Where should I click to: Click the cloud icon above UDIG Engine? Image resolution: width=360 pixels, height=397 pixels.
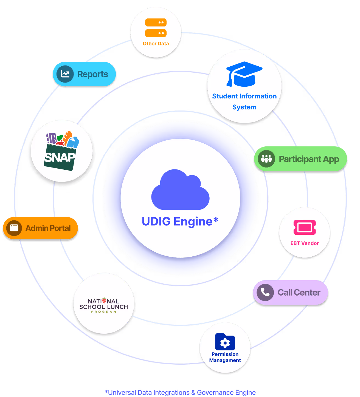[180, 190]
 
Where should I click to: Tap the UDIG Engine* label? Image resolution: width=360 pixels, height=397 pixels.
[180, 222]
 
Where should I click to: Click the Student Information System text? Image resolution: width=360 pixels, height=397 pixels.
[244, 101]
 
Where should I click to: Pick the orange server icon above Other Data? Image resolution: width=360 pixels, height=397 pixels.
[156, 28]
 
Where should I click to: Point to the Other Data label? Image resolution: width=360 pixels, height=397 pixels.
[156, 44]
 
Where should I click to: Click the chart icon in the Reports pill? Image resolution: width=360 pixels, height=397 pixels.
[65, 74]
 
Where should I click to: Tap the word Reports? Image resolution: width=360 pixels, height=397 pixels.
[93, 74]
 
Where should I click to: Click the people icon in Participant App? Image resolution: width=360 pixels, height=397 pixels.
[266, 159]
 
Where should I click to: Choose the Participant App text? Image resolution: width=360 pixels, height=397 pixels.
[309, 159]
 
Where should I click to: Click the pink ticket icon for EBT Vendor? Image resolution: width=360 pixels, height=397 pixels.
[305, 227]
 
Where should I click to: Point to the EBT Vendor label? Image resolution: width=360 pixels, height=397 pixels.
[305, 243]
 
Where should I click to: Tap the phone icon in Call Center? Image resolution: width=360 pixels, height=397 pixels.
[265, 292]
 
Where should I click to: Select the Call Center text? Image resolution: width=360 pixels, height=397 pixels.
[299, 293]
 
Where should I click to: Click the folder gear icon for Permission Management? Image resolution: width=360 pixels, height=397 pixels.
[225, 342]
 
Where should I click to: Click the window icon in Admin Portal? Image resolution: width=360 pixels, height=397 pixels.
[14, 228]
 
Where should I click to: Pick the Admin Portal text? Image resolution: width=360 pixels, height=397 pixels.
[48, 228]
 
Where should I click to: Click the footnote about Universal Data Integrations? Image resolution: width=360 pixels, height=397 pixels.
[180, 393]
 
